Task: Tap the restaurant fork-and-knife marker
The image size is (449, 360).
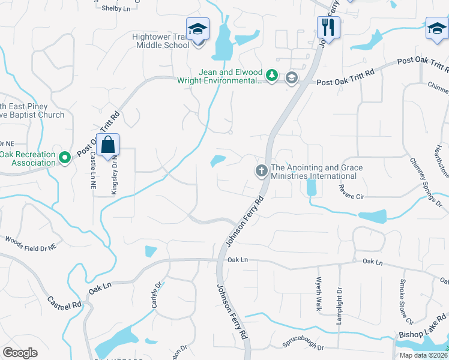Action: [328, 27]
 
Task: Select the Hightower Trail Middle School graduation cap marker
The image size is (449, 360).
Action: [197, 29]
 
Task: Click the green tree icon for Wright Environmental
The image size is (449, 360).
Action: [273, 76]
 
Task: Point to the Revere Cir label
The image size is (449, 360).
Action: [352, 196]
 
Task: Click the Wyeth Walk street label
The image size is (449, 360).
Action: [319, 293]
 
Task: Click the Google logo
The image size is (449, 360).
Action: [20, 353]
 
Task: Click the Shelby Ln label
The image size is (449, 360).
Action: [116, 8]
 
